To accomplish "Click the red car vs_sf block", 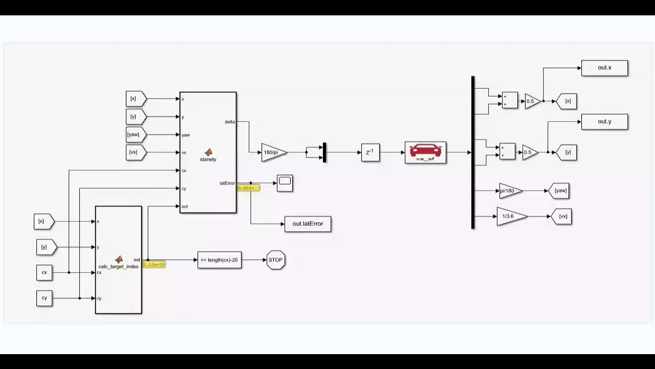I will (x=425, y=152).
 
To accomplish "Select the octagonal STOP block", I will (x=275, y=260).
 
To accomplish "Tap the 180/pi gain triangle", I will (x=273, y=152).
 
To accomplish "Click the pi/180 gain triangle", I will (x=509, y=191).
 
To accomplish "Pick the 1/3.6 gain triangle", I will (x=510, y=216).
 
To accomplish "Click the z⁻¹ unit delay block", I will (x=370, y=152).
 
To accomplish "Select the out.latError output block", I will (x=308, y=224).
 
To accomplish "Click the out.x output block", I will (x=604, y=68).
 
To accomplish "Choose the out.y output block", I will (x=604, y=121).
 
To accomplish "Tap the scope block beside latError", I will (x=285, y=183).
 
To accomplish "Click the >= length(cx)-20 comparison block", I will (x=219, y=260).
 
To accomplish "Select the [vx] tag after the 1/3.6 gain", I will (x=562, y=216).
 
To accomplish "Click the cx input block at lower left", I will (x=45, y=272).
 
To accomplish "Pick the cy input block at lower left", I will (x=45, y=298).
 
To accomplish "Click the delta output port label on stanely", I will (x=230, y=122).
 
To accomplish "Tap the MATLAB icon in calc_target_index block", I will (x=119, y=259).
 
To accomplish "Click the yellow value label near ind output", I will (x=154, y=264).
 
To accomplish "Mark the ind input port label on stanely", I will (x=185, y=207).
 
